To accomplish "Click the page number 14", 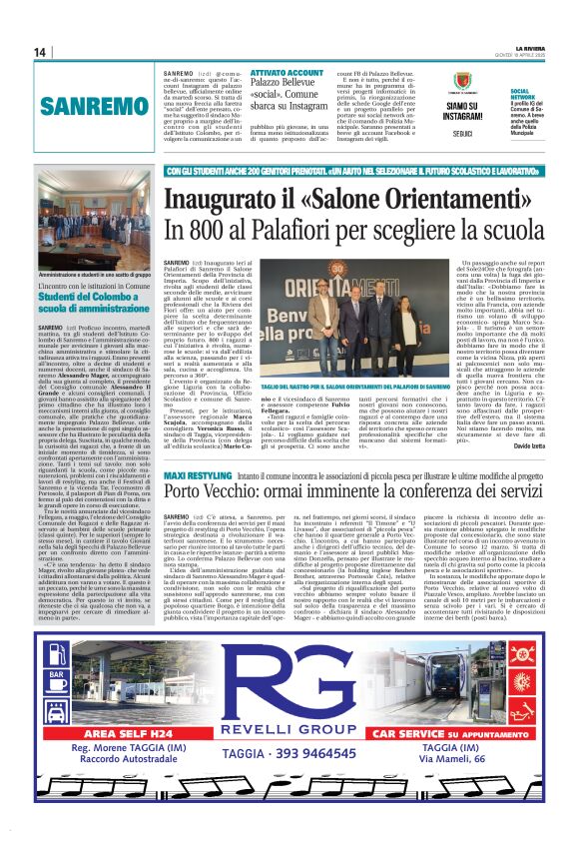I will point(41,52).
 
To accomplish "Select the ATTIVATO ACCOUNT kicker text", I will point(286,73).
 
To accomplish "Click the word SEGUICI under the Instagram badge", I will point(461,133).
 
